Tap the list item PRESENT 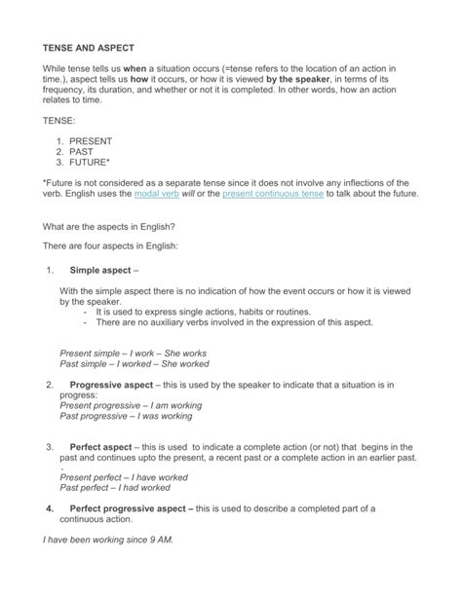(x=91, y=141)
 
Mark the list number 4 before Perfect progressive (x=50, y=508)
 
